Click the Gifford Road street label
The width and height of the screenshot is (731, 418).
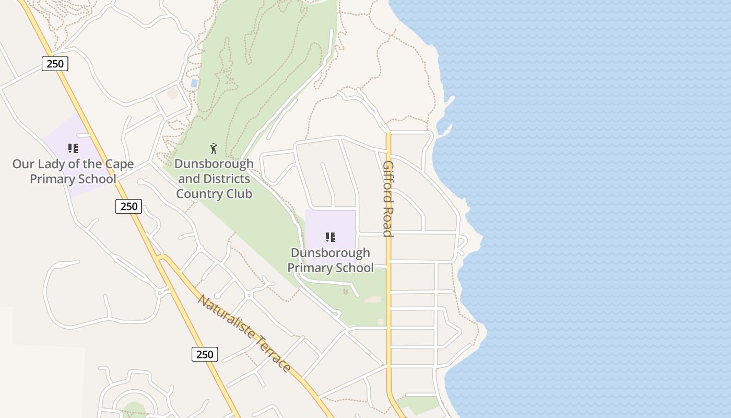point(387,199)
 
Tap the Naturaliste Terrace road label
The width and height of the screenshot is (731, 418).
point(244,333)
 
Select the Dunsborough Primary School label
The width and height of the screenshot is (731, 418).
point(331,260)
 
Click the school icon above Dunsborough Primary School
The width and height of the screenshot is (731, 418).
point(330,238)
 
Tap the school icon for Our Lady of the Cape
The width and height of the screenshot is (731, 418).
point(73,148)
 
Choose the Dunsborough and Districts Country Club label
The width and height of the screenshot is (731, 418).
point(214,179)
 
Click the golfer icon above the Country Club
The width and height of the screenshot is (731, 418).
point(213,148)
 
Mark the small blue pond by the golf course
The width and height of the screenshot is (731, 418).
point(194,83)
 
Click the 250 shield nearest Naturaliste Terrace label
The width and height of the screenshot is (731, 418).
point(205,354)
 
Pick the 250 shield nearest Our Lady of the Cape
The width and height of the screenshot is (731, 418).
point(128,206)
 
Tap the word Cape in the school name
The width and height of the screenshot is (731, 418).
point(120,164)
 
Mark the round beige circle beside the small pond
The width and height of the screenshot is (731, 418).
point(172,94)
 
